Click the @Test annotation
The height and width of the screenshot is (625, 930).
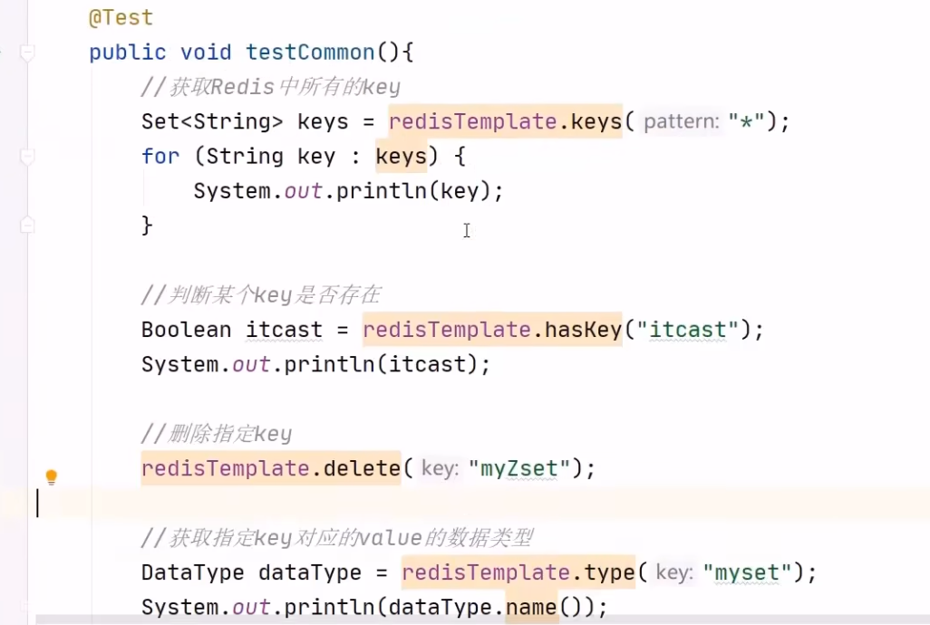coord(121,17)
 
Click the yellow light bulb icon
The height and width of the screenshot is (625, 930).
coord(52,476)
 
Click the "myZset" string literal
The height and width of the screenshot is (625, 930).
coord(525,469)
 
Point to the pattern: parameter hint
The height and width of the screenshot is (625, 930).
coord(682,121)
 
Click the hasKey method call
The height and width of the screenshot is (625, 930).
coord(583,330)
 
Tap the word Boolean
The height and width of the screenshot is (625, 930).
coord(187,330)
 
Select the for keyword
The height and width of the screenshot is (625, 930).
coord(160,157)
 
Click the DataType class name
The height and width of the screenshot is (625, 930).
coord(192,572)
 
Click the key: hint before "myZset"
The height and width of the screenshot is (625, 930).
coord(440,469)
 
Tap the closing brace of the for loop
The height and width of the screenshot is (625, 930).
coord(147,225)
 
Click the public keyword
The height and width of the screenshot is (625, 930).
coord(128,53)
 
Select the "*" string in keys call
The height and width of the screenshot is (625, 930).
coord(747,121)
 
